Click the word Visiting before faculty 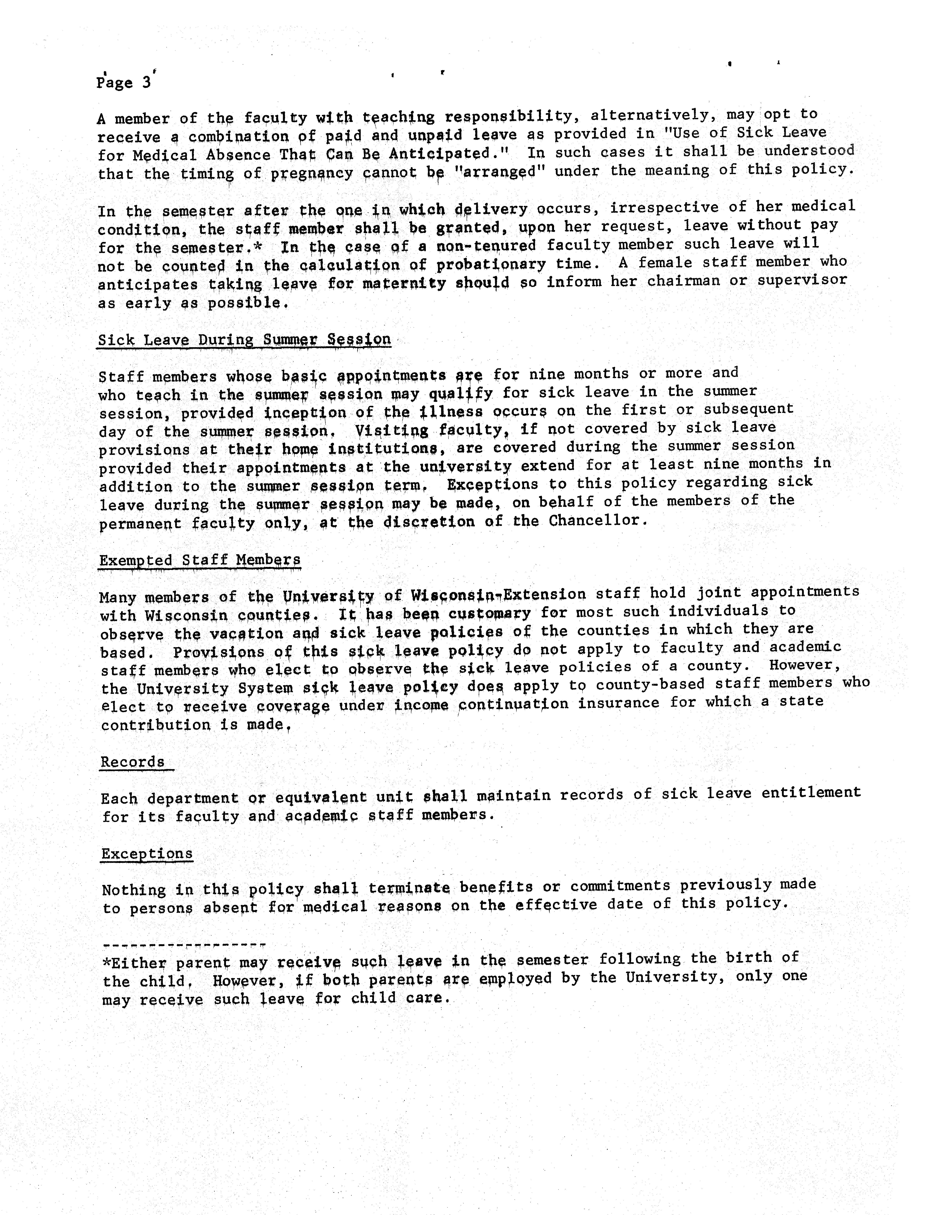(x=391, y=430)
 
